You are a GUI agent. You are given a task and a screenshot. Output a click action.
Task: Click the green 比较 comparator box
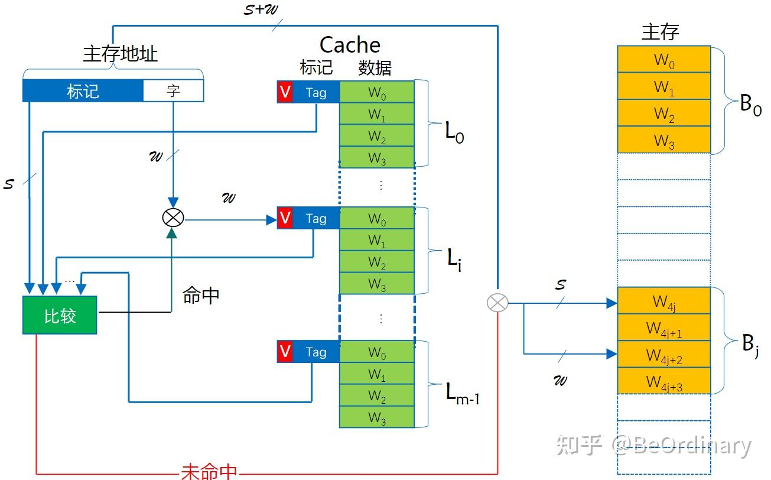click(60, 315)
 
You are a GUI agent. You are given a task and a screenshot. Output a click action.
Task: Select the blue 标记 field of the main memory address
click(83, 91)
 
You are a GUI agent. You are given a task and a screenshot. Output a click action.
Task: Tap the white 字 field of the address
click(173, 91)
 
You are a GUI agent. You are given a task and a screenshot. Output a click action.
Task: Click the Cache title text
click(350, 45)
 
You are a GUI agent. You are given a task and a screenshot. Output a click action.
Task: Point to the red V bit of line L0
click(285, 92)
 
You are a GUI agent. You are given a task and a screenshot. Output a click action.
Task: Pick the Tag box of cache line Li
click(316, 219)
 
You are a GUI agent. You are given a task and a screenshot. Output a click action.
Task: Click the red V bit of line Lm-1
click(285, 352)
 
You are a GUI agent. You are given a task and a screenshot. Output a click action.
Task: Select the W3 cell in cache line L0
click(377, 158)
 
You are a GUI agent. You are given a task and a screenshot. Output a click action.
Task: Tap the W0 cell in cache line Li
click(377, 219)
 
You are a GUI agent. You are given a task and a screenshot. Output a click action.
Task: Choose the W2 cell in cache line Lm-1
click(377, 395)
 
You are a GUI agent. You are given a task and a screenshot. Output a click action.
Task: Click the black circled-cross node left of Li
click(173, 218)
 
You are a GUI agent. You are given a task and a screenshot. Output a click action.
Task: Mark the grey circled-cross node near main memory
click(497, 303)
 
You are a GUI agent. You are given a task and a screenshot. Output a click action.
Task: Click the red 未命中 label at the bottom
click(209, 472)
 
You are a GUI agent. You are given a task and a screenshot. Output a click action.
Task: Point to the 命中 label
click(201, 295)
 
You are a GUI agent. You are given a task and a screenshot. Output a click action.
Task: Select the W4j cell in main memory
click(664, 301)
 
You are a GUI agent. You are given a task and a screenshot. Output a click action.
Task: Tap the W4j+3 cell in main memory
click(664, 382)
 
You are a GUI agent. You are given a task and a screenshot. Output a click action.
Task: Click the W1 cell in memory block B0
click(664, 87)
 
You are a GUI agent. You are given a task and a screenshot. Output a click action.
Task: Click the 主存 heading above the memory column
click(660, 32)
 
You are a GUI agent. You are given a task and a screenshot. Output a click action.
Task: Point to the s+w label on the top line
click(261, 11)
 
